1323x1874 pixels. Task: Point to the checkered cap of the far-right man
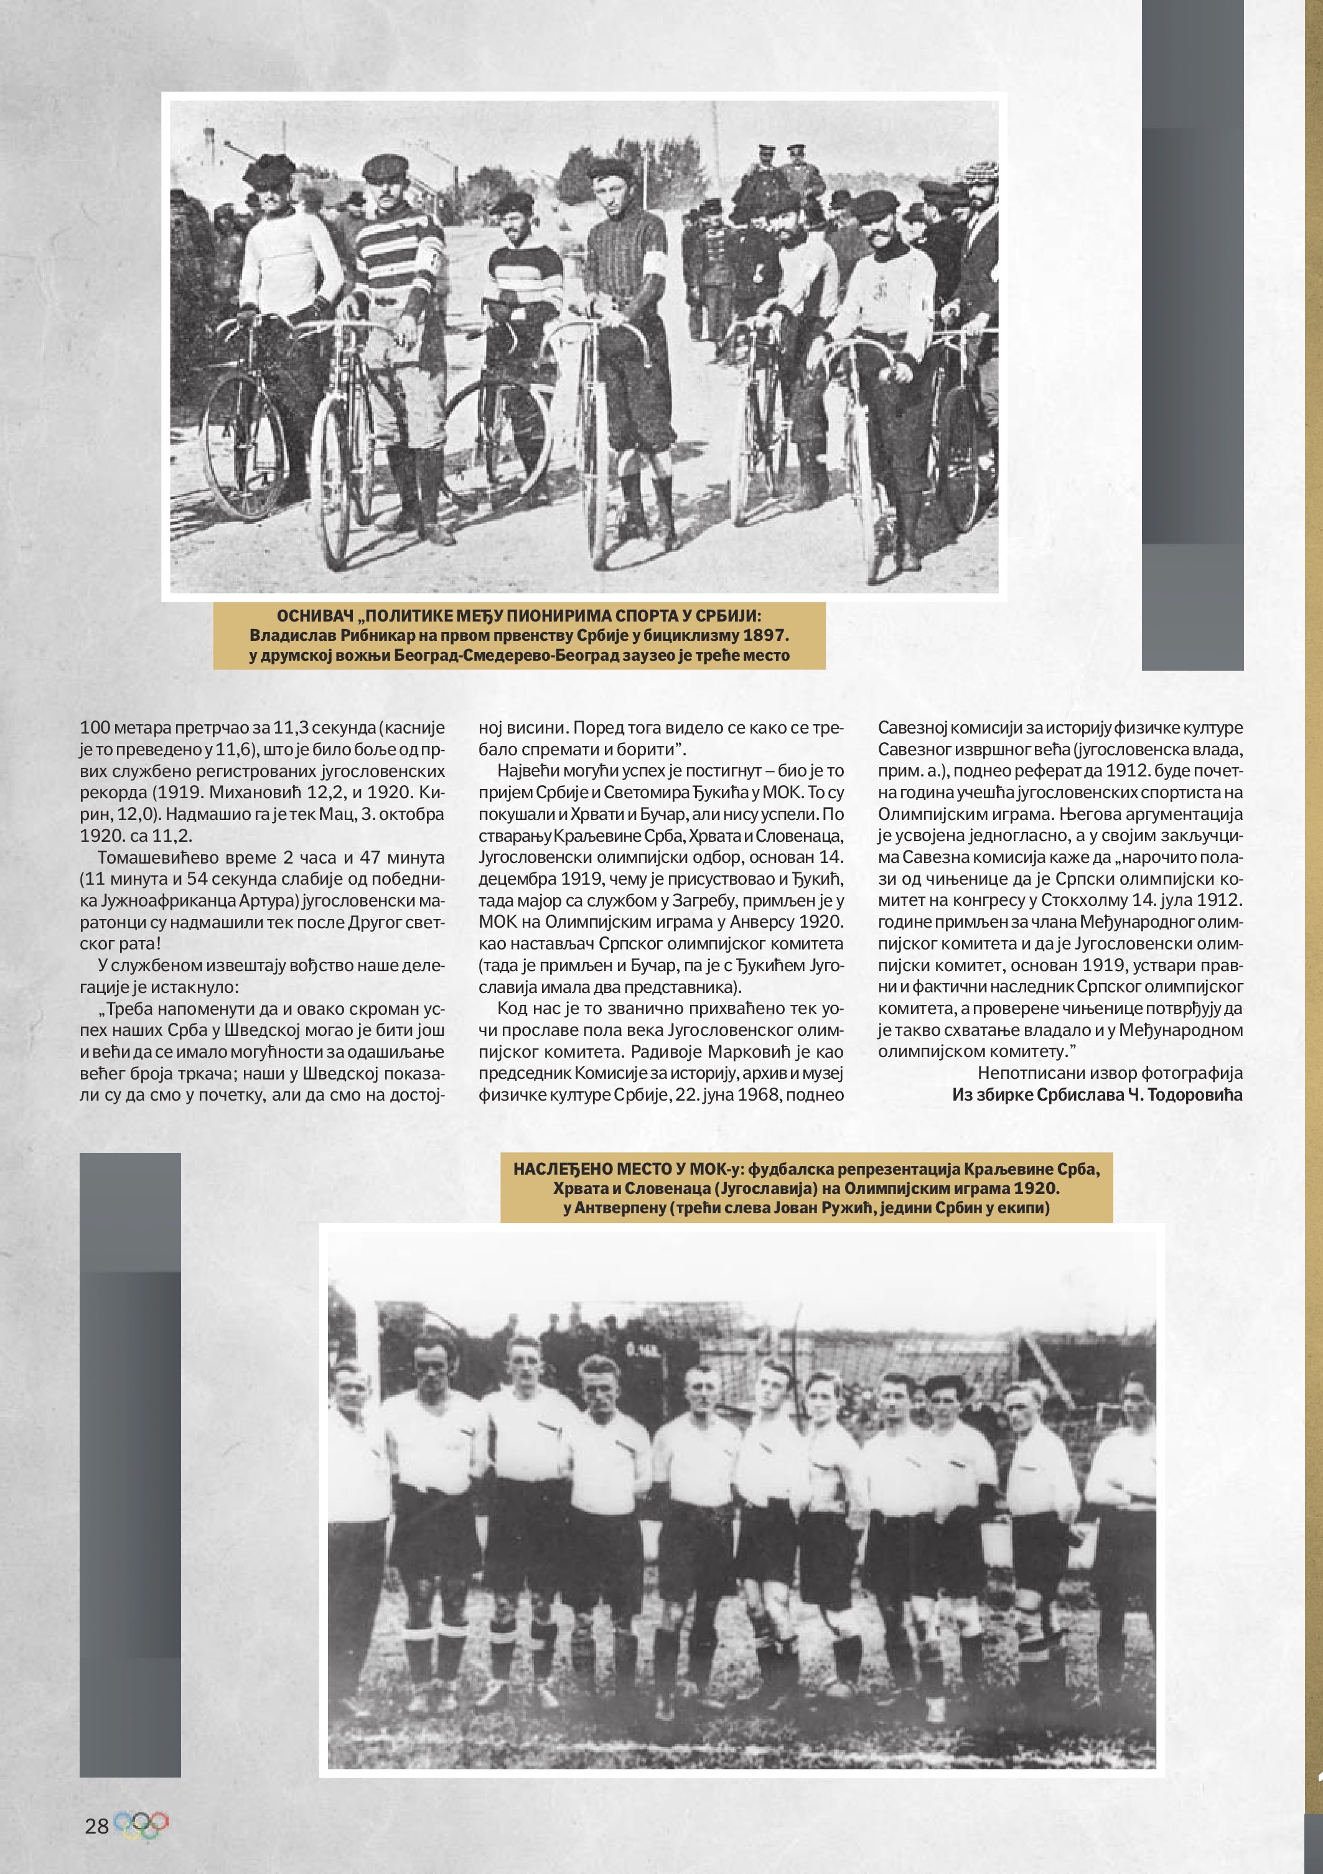[x=979, y=172]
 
